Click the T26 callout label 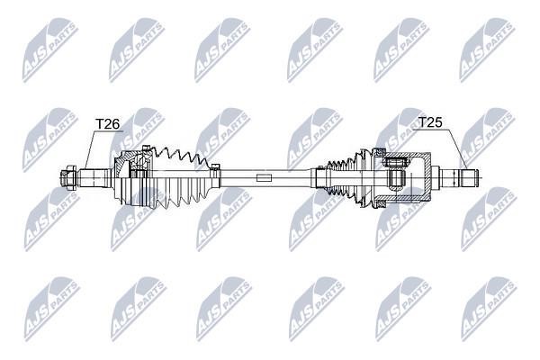(x=107, y=123)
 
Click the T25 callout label (x=430, y=122)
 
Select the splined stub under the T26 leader (x=93, y=178)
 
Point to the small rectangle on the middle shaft (x=264, y=178)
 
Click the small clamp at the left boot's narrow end (x=216, y=167)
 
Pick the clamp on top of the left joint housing (x=146, y=148)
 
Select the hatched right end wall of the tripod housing (x=427, y=177)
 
